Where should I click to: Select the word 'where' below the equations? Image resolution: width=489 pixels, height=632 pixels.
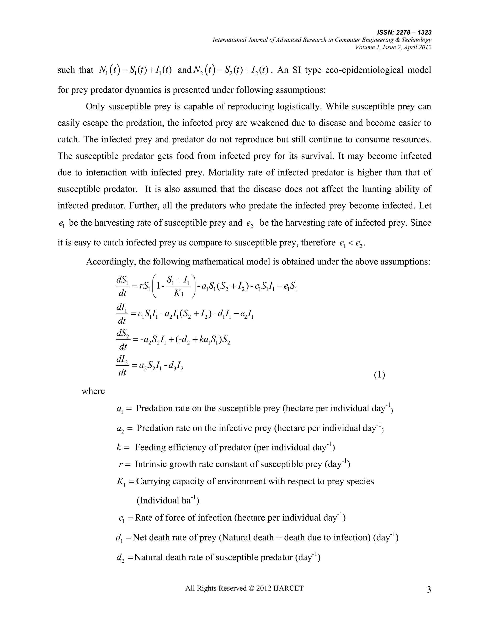click(93, 391)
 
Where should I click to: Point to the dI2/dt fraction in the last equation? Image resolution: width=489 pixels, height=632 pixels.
click(122, 366)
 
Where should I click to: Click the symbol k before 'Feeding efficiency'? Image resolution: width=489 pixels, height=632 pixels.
click(118, 448)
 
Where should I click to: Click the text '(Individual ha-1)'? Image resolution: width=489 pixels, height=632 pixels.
click(167, 500)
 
